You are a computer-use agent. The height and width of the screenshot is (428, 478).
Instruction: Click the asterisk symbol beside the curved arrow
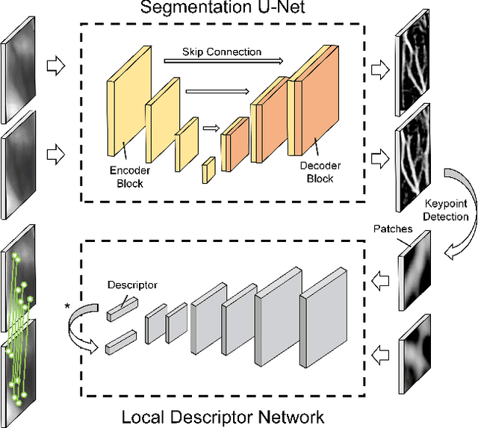pos(69,306)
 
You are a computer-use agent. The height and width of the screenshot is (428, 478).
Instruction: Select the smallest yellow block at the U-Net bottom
pos(209,170)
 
